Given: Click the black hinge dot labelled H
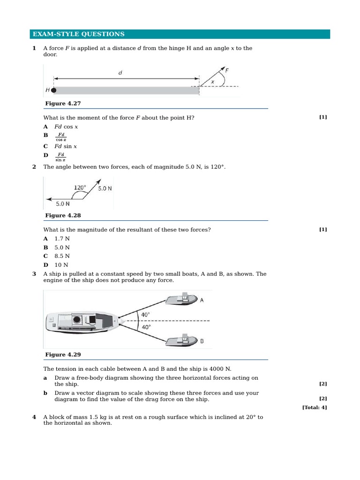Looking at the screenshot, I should point(54,90).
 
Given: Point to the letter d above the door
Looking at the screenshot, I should point(120,73).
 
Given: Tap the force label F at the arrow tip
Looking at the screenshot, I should point(227,71).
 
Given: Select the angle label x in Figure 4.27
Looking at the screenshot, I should point(212,82).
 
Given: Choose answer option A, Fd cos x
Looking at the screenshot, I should point(66,127).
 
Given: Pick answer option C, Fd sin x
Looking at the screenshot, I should point(66,146).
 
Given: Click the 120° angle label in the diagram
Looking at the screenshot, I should point(80,187).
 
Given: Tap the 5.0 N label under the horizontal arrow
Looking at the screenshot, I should point(63,204).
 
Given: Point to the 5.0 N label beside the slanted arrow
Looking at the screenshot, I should point(105,188).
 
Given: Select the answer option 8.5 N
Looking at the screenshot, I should point(62,256).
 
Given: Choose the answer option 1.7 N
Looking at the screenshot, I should point(62,239).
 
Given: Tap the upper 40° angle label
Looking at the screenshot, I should point(145,315).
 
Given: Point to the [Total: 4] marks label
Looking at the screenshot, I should point(315,407).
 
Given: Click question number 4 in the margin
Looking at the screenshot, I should point(34,417).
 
